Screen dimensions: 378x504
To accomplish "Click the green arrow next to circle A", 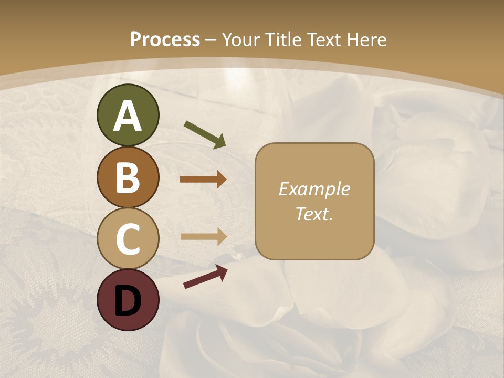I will (205, 134).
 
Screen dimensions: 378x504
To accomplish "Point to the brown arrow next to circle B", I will (203, 180).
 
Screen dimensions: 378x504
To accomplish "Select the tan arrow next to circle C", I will (203, 236).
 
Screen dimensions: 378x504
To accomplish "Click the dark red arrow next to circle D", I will (205, 277).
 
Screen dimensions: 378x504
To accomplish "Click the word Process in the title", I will (165, 40).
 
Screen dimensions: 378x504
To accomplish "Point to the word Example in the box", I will (314, 189).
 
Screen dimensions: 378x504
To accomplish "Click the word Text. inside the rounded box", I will (314, 214).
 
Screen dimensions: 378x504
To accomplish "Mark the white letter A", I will (128, 117).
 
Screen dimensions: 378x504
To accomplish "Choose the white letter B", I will (128, 177).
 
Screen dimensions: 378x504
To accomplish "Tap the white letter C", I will (128, 239).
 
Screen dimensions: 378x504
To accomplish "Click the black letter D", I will (128, 300).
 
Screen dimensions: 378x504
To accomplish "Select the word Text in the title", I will (324, 40).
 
